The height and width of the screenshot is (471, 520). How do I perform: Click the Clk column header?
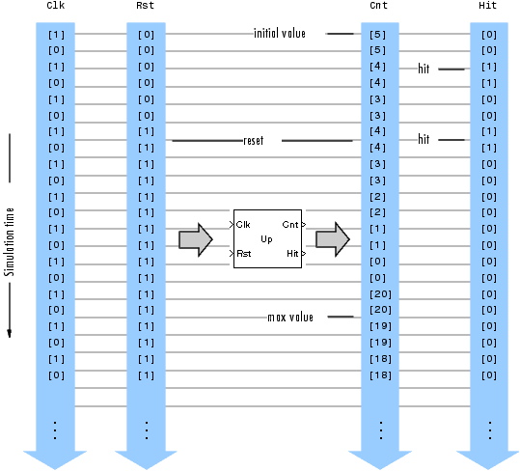pyautogui.click(x=56, y=5)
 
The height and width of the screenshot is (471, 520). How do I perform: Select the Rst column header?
pyautogui.click(x=146, y=5)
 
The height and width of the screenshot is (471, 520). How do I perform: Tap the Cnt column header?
pyautogui.click(x=379, y=5)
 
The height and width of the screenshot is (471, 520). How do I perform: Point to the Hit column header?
pyautogui.click(x=487, y=5)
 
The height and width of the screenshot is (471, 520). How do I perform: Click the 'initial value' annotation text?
pyautogui.click(x=280, y=33)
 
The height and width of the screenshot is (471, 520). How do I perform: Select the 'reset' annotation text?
pyautogui.click(x=254, y=140)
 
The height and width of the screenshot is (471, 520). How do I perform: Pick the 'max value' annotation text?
pyautogui.click(x=290, y=318)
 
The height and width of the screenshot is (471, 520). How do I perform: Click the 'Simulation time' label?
pyautogui.click(x=10, y=242)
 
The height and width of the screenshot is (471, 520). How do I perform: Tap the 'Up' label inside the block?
pyautogui.click(x=266, y=239)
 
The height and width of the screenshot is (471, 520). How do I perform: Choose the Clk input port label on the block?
pyautogui.click(x=243, y=225)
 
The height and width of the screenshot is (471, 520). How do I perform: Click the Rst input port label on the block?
pyautogui.click(x=244, y=254)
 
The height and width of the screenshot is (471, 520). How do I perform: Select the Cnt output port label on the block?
pyautogui.click(x=290, y=225)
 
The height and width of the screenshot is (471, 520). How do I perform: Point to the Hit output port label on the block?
pyautogui.click(x=292, y=254)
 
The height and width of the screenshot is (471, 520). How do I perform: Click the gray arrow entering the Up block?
pyautogui.click(x=196, y=239)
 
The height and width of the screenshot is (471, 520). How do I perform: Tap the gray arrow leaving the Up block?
pyautogui.click(x=333, y=239)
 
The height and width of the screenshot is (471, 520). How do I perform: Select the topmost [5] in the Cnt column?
pyautogui.click(x=378, y=35)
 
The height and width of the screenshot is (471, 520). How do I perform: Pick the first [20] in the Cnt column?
pyautogui.click(x=381, y=294)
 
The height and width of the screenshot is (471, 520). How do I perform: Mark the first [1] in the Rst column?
pyautogui.click(x=147, y=132)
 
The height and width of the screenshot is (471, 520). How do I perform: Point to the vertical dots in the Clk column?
pyautogui.click(x=55, y=430)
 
